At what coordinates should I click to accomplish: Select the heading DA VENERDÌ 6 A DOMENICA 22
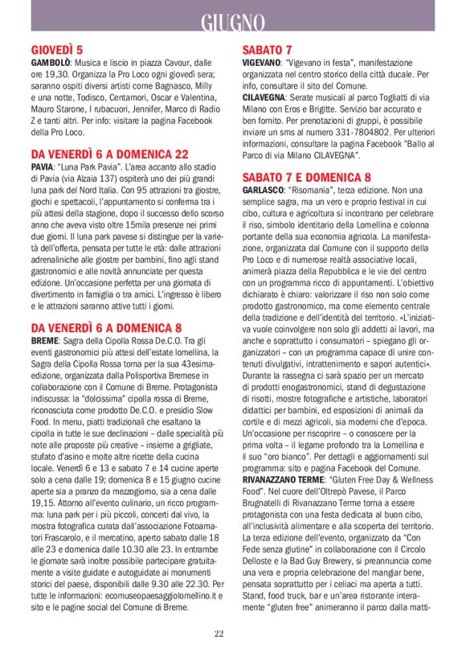110,153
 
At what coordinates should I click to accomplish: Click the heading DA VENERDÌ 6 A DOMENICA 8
107,327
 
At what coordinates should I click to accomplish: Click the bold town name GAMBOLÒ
51,62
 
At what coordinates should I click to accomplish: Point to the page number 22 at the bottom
219,634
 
